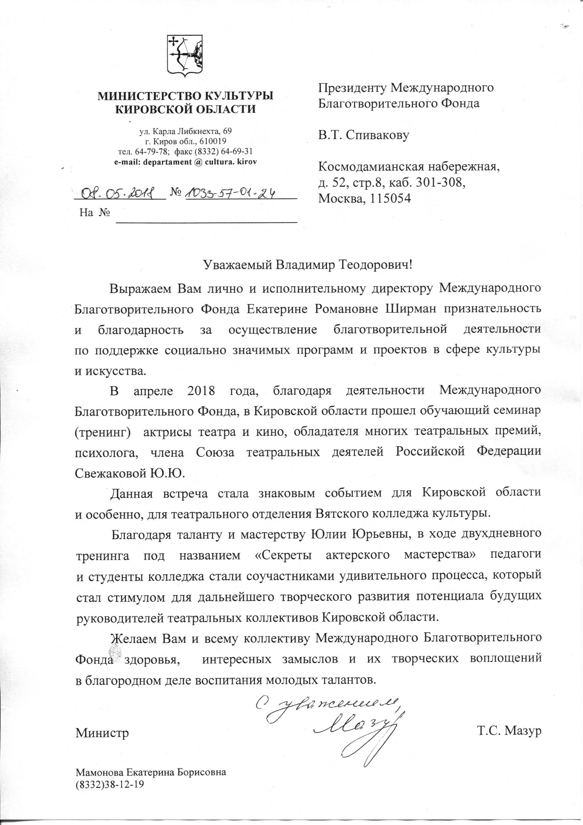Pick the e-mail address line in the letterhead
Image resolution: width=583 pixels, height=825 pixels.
point(185,162)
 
